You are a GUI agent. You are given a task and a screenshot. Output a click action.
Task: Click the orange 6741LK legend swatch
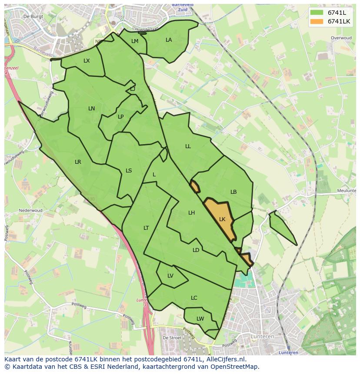click(x=317, y=21)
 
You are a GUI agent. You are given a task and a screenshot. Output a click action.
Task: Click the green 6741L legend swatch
click(x=317, y=13)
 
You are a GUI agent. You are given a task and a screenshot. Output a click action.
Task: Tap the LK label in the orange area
click(x=222, y=219)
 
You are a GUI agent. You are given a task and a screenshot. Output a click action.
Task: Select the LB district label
click(x=233, y=192)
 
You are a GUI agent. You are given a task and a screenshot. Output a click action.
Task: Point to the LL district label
click(x=188, y=146)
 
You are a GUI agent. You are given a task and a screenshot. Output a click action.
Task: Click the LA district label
click(x=169, y=40)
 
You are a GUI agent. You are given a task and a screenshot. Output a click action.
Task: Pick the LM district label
click(x=135, y=41)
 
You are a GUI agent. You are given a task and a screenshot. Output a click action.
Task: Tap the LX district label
click(x=87, y=61)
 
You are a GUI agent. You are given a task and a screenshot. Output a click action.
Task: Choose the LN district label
click(x=91, y=109)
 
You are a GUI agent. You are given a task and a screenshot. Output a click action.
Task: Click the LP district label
click(x=120, y=117)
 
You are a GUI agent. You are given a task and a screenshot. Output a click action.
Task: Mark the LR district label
click(x=78, y=162)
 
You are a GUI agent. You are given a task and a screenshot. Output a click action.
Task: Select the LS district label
click(x=129, y=171)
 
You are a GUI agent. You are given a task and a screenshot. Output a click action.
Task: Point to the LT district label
click(x=146, y=228)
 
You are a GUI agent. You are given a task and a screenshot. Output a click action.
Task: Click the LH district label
click(x=191, y=213)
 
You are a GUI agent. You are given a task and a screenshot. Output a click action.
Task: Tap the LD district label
click(x=196, y=250)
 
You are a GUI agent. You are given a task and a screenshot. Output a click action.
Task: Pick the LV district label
click(x=170, y=276)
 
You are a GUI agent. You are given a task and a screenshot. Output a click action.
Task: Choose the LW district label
click(x=200, y=319)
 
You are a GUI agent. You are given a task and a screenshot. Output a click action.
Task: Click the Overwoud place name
click(x=341, y=38)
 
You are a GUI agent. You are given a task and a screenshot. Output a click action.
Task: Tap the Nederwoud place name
click(x=30, y=211)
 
